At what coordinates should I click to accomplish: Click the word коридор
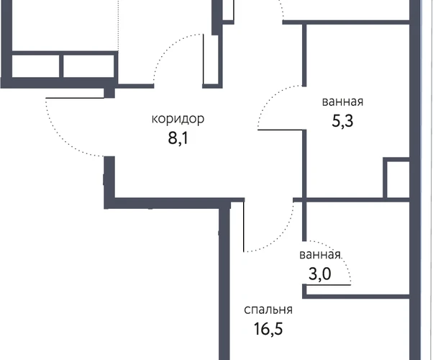click(178, 120)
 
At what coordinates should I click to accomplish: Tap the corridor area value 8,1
click(178, 138)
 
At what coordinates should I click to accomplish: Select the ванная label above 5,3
click(342, 102)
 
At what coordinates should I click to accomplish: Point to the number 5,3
click(342, 121)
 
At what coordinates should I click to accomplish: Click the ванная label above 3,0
click(320, 255)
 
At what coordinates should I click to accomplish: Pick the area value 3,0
click(320, 274)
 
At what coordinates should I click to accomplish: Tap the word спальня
click(268, 310)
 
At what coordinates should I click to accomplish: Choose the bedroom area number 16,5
click(268, 329)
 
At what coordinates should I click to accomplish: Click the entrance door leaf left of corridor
click(75, 98)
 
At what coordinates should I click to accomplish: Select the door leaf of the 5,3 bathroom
click(281, 130)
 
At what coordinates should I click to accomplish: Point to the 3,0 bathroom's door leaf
click(327, 284)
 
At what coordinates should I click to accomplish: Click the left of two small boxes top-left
click(36, 66)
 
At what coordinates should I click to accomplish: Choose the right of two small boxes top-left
click(88, 66)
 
